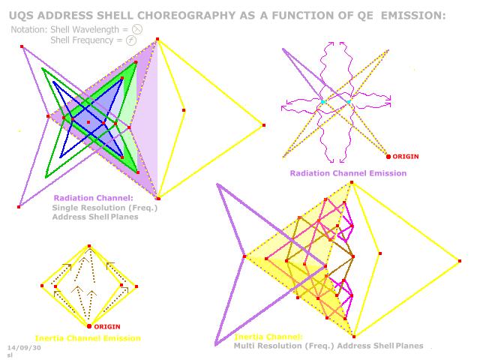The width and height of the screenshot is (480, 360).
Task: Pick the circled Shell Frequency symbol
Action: click(131, 40)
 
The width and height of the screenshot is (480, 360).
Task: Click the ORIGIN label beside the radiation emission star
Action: click(405, 156)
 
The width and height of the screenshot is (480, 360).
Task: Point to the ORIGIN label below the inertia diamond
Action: click(107, 326)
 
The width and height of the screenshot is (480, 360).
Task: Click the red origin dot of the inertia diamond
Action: click(89, 326)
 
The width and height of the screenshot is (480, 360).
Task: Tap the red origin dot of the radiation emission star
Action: click(388, 156)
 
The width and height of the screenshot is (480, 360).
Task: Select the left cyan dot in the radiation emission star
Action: click(323, 101)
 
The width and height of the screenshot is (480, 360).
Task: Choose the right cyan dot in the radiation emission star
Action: click(349, 101)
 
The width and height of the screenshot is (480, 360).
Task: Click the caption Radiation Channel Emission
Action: click(348, 173)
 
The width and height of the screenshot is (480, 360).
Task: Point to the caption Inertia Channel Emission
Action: click(87, 338)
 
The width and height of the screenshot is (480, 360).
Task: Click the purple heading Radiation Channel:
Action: click(82, 199)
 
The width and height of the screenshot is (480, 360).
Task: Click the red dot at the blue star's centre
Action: click(88, 121)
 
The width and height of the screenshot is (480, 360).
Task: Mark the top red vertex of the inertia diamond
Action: click(89, 246)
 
